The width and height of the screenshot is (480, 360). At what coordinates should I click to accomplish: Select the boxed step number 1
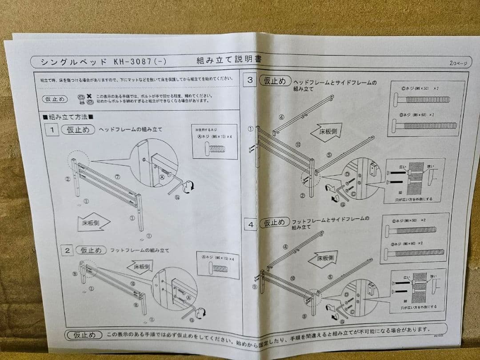tap(52, 130)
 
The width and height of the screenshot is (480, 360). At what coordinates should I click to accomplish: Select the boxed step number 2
tap(68, 250)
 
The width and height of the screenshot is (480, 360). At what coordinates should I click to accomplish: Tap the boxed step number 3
tap(250, 80)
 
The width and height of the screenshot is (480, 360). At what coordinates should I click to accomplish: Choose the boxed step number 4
tap(251, 225)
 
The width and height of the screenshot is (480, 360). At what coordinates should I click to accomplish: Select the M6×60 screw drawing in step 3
tap(424, 126)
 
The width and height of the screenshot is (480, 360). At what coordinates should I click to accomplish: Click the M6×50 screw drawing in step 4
tap(411, 230)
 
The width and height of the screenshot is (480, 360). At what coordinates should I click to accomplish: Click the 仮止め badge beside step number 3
tap(275, 81)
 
